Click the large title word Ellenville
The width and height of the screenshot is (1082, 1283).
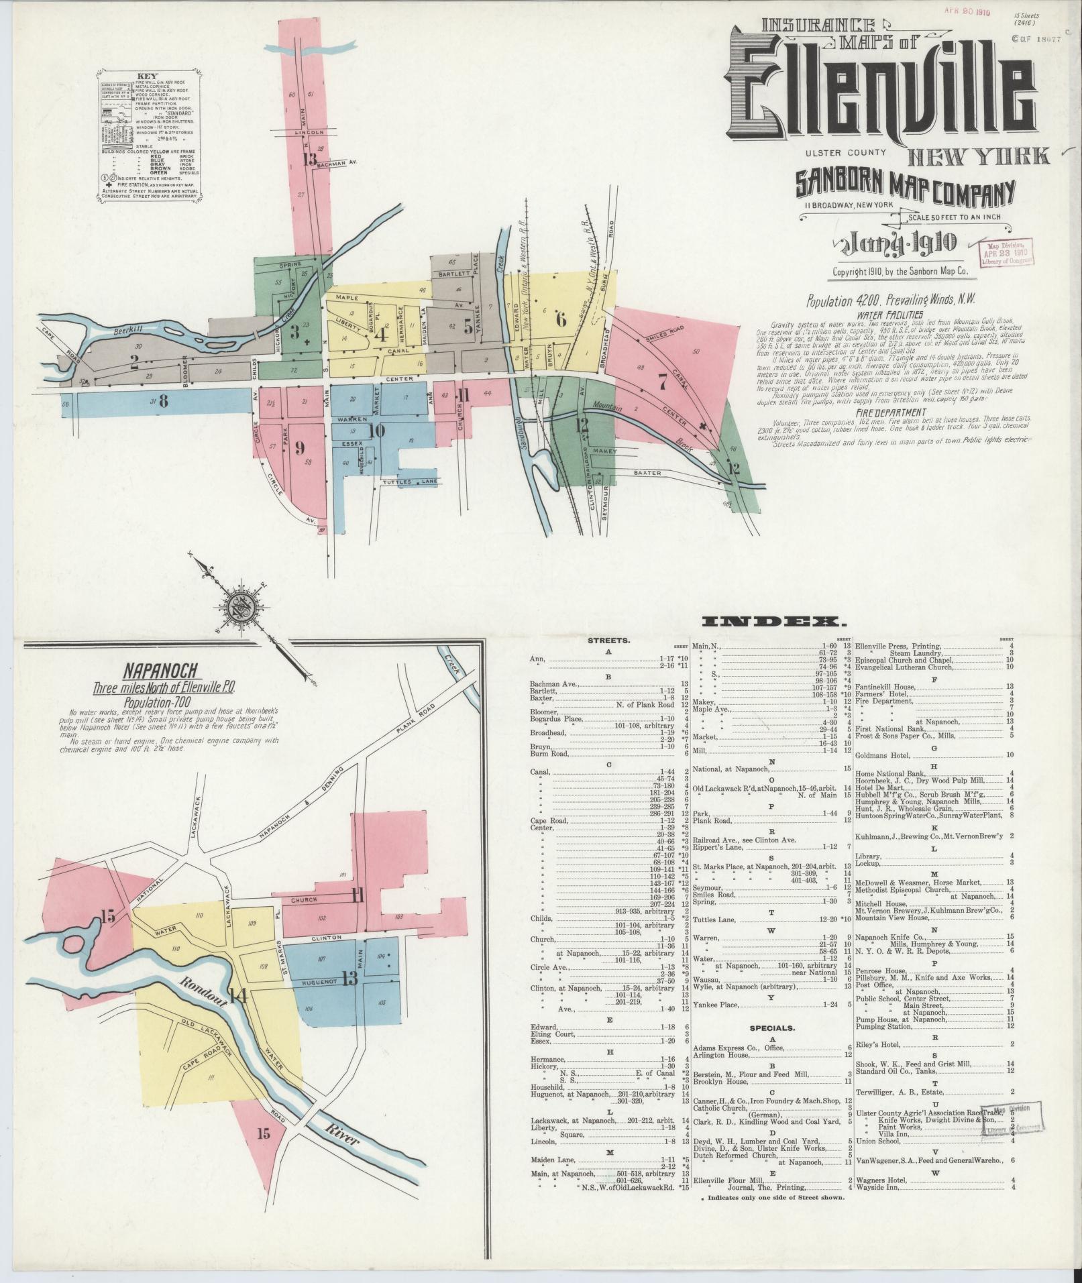click(x=882, y=94)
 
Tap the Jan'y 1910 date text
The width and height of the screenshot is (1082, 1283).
click(x=895, y=244)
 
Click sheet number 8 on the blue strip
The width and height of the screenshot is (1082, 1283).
click(x=162, y=402)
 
